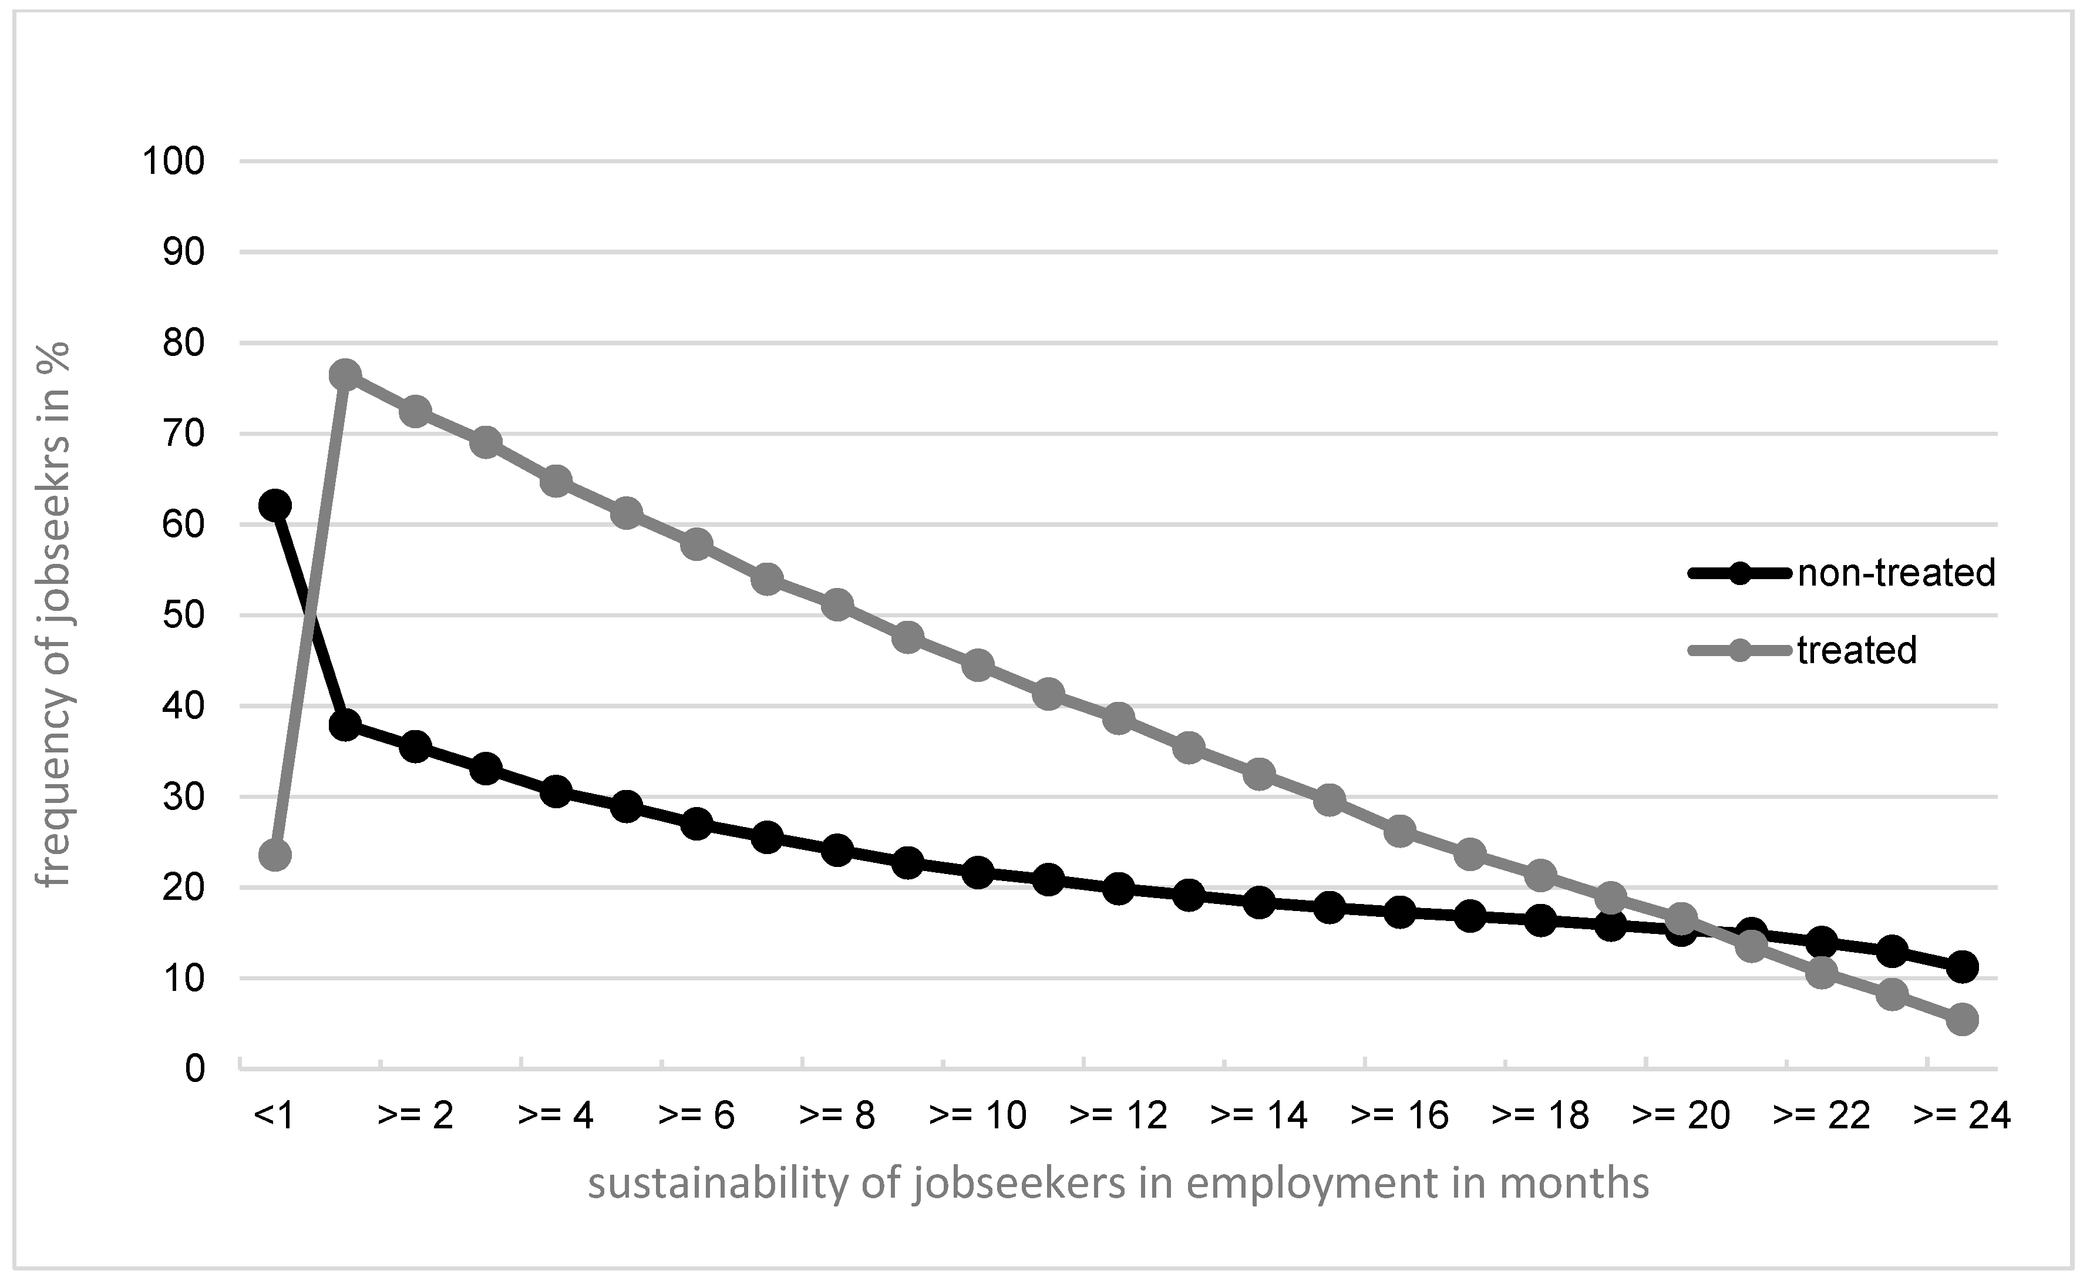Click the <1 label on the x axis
click(274, 1116)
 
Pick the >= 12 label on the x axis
click(1119, 1116)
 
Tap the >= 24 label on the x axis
click(1963, 1116)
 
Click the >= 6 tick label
click(696, 1116)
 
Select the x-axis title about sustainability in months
click(1118, 1184)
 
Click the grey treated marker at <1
click(274, 854)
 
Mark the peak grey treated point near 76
click(345, 375)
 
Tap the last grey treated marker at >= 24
click(1963, 1019)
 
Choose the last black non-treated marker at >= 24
click(1963, 966)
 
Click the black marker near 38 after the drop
click(345, 724)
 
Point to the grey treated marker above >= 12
click(1119, 718)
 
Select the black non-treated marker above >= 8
click(837, 850)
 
